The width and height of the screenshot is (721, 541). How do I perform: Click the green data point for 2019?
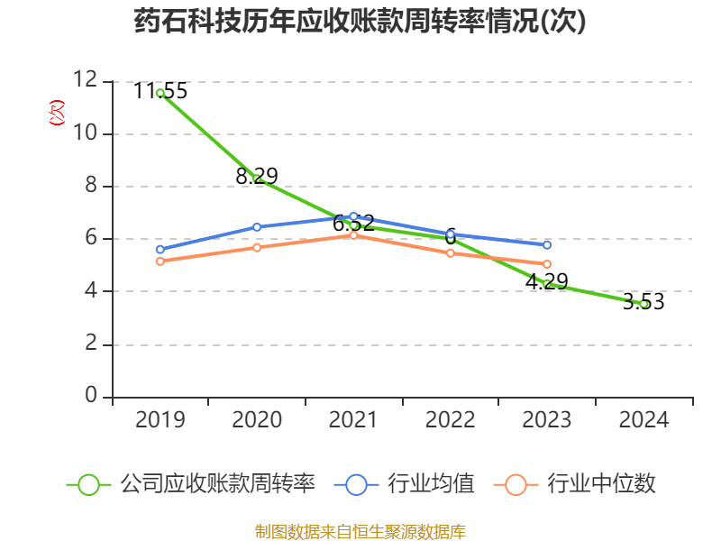[160, 93]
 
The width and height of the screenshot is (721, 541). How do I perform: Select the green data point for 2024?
[643, 304]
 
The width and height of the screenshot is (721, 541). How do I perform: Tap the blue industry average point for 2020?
[257, 227]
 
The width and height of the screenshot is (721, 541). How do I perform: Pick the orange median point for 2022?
[450, 252]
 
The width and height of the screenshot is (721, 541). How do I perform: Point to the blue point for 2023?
[547, 244]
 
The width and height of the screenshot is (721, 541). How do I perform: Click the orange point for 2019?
[160, 261]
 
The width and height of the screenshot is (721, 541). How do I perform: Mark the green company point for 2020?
[257, 179]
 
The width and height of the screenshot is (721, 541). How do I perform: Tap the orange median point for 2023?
[547, 264]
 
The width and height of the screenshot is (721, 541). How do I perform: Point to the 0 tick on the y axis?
[91, 397]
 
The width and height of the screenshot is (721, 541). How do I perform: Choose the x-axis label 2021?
[353, 420]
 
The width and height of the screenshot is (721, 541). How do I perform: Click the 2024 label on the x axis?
[643, 420]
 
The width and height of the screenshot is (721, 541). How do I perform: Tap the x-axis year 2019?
[160, 420]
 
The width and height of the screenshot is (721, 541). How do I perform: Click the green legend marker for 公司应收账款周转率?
[88, 484]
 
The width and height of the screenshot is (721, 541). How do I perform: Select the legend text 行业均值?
[431, 484]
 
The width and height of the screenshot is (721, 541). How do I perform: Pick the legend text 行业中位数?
[602, 484]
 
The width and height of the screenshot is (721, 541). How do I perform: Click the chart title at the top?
[360, 22]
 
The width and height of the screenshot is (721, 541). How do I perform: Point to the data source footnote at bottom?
[360, 531]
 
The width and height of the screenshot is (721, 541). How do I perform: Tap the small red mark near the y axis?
[57, 113]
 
